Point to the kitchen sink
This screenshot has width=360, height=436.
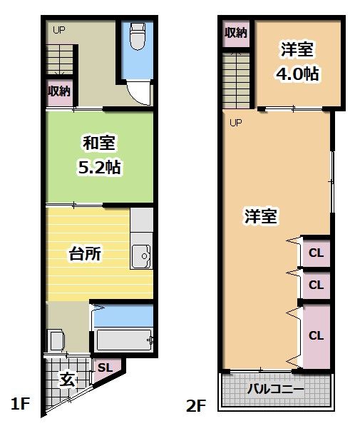pos(142,255)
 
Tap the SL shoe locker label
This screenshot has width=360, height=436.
pos(104,367)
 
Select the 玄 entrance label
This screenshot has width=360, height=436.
pos(66,379)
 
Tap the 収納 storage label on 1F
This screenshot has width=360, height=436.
pos(59,91)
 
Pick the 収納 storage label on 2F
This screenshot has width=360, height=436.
pos(236,34)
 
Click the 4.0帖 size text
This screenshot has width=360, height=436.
pos(297,73)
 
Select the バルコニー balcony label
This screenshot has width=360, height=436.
pos(276,390)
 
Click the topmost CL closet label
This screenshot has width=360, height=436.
pos(317,252)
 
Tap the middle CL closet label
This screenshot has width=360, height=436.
pos(317,285)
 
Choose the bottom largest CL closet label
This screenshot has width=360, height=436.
pos(317,334)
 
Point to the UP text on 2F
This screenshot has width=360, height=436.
pos(236,122)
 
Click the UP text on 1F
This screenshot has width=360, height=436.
pos(58,30)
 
